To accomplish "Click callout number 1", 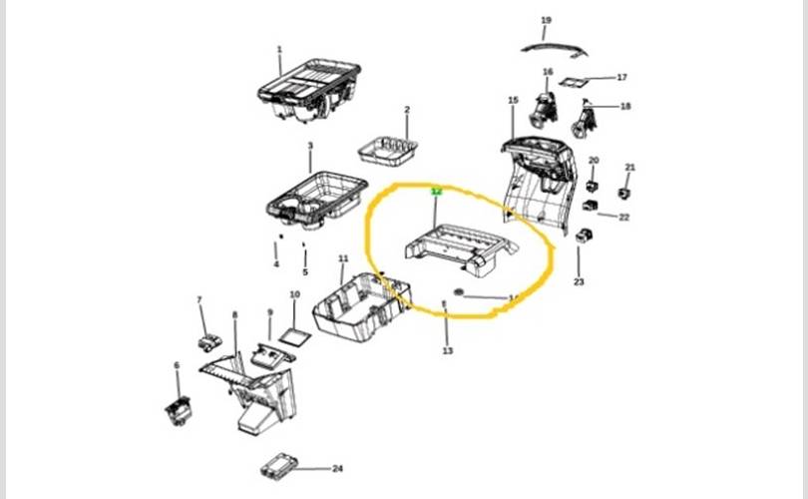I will [x=279, y=49].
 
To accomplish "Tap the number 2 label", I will [x=407, y=109].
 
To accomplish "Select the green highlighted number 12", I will [x=435, y=189].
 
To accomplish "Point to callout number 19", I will [x=546, y=20].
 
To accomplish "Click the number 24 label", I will [x=337, y=468].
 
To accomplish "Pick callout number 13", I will [x=447, y=350].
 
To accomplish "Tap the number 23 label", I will [x=579, y=282].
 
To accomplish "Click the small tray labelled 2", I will [x=388, y=150].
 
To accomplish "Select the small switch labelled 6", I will [x=177, y=408].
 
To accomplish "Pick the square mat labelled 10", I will [x=294, y=331].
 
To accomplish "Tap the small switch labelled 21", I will [x=626, y=192].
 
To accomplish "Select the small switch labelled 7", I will [x=209, y=341].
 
